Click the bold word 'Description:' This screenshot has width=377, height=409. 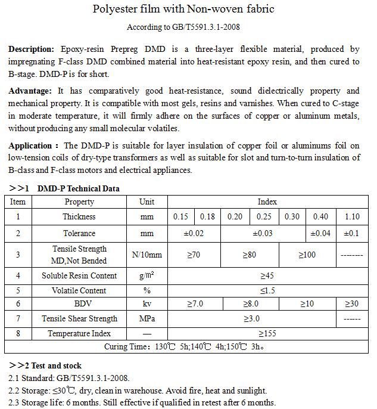point(31,48)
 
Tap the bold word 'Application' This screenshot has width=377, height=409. point(30,145)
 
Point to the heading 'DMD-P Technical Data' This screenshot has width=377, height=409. point(78,188)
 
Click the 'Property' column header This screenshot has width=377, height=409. point(79,202)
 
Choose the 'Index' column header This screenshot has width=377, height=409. point(267,202)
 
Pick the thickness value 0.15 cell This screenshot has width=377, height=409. point(180,217)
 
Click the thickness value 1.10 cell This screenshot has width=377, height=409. point(352,217)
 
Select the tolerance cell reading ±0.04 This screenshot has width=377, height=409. point(321,233)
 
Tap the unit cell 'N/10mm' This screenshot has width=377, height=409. point(147,255)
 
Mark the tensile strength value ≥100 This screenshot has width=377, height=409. point(307,255)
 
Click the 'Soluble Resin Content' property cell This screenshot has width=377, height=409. point(79,276)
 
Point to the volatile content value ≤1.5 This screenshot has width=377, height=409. point(267,290)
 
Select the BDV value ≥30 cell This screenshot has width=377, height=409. point(352,304)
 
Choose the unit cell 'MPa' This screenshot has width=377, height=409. point(147,319)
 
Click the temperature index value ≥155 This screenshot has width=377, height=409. point(267,334)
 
